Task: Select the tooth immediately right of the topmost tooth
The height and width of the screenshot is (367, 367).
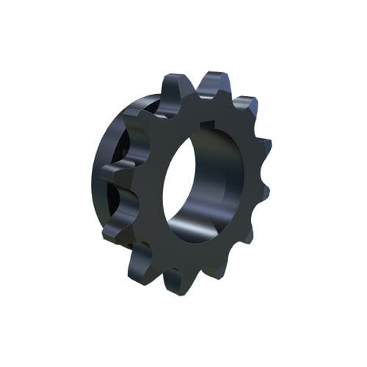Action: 246,106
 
